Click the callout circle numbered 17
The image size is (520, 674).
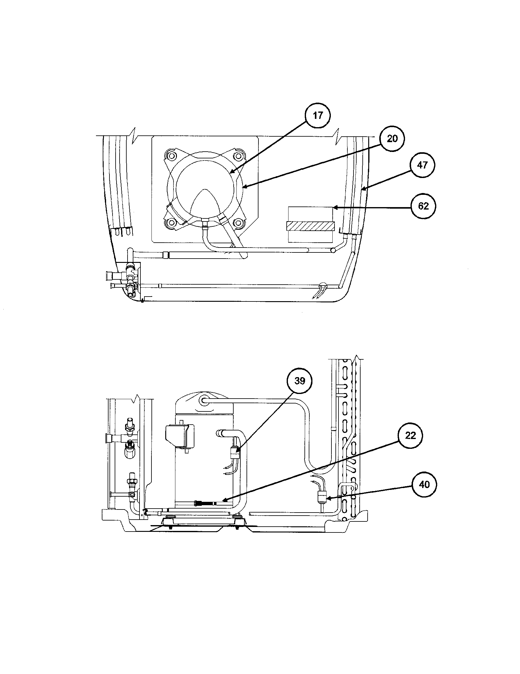[x=317, y=116]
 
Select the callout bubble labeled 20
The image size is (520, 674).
[x=392, y=139]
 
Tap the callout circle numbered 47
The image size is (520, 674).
[x=422, y=165]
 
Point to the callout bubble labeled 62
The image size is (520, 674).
[x=423, y=206]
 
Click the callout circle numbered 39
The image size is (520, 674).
[x=300, y=381]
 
